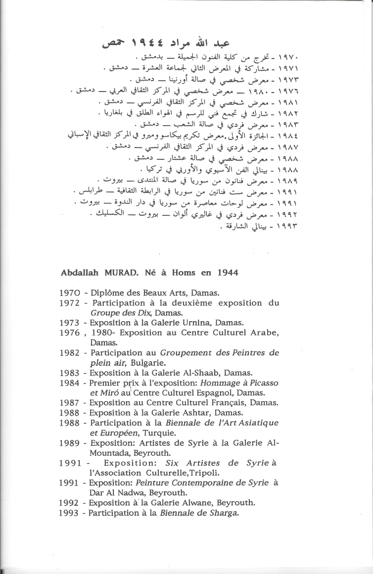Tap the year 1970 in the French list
click(x=70, y=292)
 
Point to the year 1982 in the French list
click(x=70, y=353)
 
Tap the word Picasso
click(x=264, y=383)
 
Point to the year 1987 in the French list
click(x=70, y=403)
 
